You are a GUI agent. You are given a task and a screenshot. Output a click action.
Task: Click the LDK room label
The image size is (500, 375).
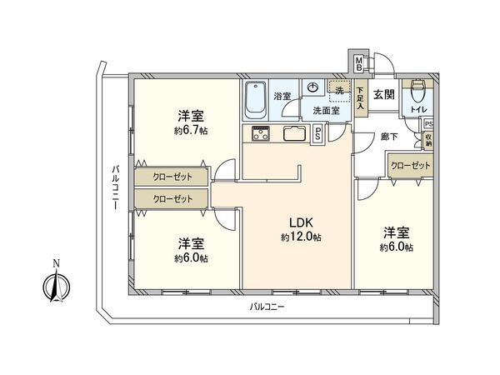(300, 223)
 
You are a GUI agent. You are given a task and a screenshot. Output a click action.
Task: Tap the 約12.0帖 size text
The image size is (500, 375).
(300, 237)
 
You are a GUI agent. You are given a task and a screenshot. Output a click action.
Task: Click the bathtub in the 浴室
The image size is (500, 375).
(256, 101)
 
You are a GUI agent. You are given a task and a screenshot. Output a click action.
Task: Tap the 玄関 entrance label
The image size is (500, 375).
(384, 95)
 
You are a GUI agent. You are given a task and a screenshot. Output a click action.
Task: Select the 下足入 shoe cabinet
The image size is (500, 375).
(360, 100)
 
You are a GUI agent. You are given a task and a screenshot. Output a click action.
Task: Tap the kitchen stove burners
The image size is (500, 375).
(257, 136)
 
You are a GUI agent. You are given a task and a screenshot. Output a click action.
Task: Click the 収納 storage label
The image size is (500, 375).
(428, 139)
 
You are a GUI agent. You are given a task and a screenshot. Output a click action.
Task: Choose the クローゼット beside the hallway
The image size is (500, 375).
(410, 166)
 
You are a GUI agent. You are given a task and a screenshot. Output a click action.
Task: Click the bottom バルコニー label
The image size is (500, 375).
(267, 307)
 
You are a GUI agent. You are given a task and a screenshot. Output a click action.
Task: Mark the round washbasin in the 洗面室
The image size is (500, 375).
(314, 87)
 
